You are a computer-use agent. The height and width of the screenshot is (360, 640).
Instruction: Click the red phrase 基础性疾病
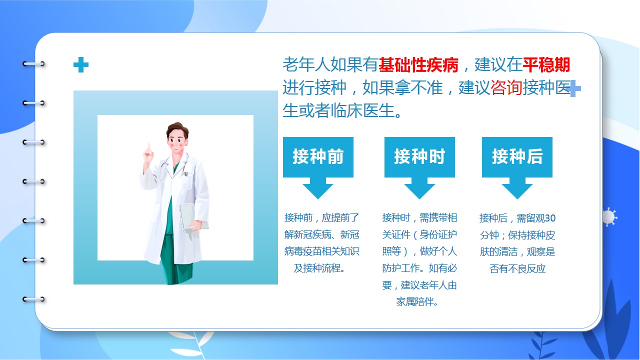pos(418,65)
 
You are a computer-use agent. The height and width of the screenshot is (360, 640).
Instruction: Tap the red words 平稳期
pos(546,65)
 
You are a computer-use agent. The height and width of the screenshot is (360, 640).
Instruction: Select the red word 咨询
pos(506,87)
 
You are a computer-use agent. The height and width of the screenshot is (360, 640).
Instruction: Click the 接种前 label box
pos(318,157)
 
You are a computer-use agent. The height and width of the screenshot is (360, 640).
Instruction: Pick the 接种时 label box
pos(419,157)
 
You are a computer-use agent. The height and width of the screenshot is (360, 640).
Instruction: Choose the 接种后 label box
pos(517,157)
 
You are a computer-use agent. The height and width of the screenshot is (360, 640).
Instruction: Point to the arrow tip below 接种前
pos(318,199)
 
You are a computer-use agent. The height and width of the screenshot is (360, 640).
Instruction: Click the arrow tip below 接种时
pos(419,199)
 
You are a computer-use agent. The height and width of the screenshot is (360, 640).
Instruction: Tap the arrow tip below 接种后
pos(517,199)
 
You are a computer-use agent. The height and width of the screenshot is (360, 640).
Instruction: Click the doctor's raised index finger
pos(148,146)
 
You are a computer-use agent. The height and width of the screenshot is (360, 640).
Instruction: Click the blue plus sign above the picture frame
pos(81,65)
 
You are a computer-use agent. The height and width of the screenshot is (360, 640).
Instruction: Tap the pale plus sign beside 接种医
pos(574,88)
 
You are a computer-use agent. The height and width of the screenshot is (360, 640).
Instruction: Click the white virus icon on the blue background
pos(609,217)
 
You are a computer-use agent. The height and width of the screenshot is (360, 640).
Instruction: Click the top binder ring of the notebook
pos(33,63)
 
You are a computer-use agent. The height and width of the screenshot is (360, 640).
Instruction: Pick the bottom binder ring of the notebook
pos(33,299)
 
